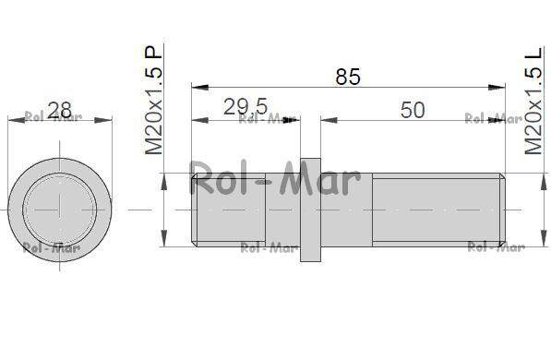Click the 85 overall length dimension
(x=348, y=77)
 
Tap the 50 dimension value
(x=413, y=110)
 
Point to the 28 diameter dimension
(x=59, y=110)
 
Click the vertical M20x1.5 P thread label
(x=154, y=100)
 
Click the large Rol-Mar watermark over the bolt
(x=275, y=178)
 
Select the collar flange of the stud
(x=310, y=210)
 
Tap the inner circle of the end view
(x=60, y=210)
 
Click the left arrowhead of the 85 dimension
(x=199, y=87)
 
